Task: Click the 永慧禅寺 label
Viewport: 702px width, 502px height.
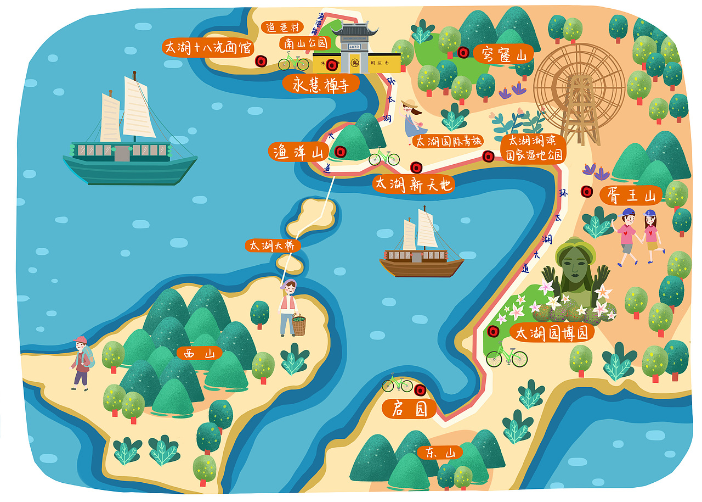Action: tap(321, 85)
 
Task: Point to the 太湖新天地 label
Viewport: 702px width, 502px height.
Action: tap(414, 185)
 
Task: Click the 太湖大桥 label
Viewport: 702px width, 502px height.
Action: tap(273, 246)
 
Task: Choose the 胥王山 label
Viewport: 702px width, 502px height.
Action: tap(630, 194)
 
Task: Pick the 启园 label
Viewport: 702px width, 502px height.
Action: tap(409, 409)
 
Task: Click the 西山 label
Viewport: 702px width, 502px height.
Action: tap(199, 353)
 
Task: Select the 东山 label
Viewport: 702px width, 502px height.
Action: tap(439, 453)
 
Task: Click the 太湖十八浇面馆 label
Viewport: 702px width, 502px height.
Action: tap(208, 47)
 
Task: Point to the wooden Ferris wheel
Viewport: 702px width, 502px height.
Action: tap(579, 88)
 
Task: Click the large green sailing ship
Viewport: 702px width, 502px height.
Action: tap(129, 148)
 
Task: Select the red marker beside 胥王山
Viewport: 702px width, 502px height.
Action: tap(587, 191)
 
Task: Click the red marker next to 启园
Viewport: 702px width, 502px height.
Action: tap(420, 390)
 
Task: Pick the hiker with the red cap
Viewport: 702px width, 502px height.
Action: tap(81, 363)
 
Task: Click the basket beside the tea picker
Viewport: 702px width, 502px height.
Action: tap(299, 325)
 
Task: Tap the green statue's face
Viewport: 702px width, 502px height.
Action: tap(575, 265)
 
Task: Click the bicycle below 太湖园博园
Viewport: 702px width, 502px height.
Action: tap(506, 357)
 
